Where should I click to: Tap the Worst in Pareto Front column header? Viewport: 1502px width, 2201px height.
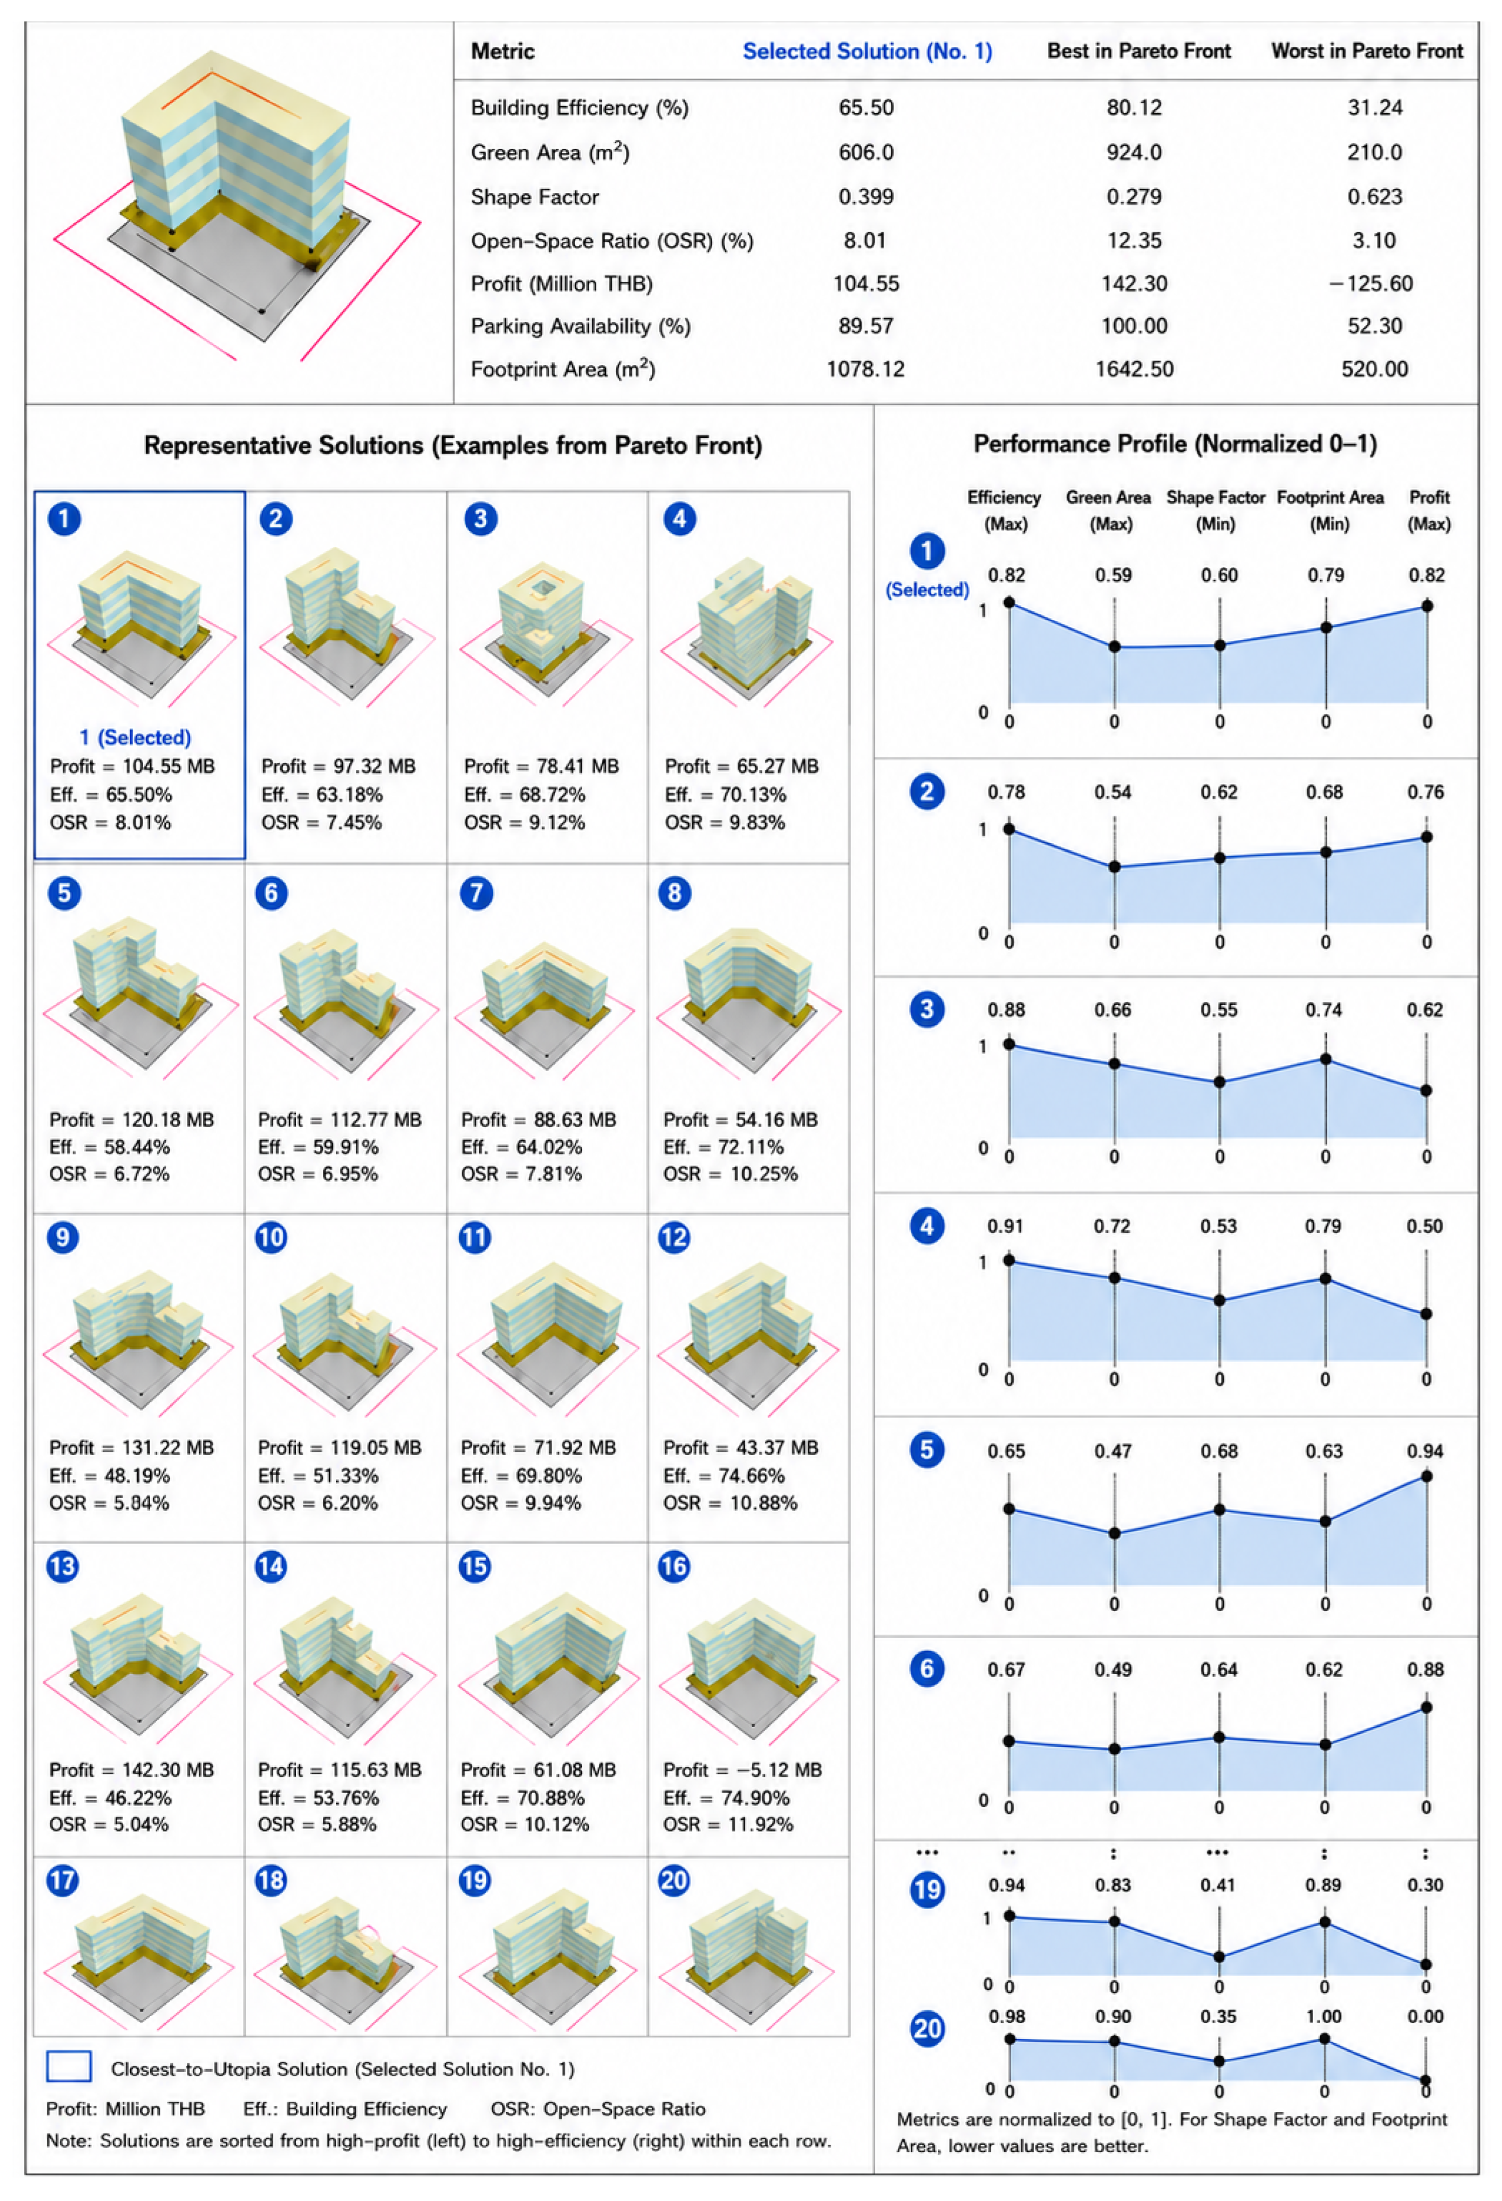click(1367, 51)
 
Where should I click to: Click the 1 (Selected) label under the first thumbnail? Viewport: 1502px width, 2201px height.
click(135, 737)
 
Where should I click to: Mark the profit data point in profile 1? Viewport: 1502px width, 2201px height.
click(1426, 606)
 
